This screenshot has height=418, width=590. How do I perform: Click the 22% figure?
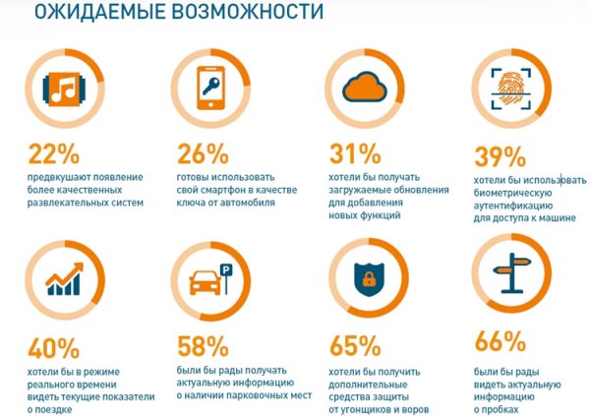pos(55,154)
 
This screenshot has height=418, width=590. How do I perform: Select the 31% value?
pos(354,153)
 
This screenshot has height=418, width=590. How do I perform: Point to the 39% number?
pos(499,157)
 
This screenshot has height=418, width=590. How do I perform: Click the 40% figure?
pos(55,346)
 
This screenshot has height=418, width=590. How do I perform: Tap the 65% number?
pos(354,345)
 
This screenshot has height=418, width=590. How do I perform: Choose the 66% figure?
pos(499,341)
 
